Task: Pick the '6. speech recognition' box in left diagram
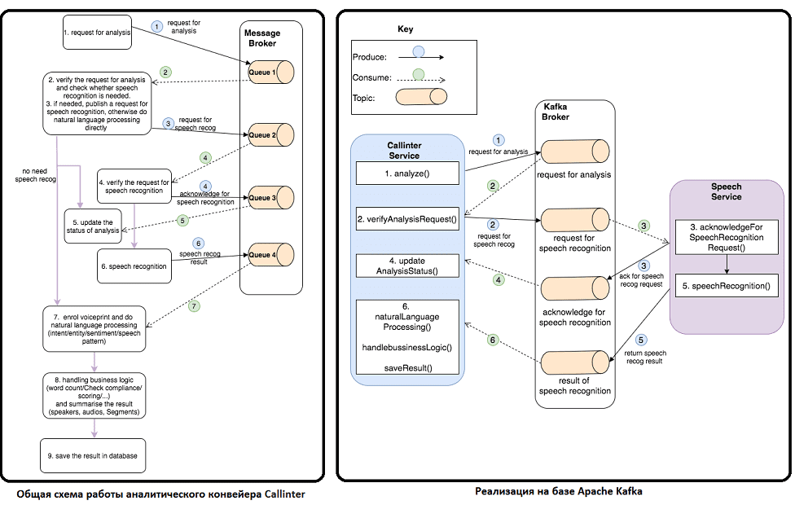(134, 266)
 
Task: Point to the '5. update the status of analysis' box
(94, 226)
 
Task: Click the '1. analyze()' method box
(407, 173)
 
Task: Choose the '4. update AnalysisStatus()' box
(407, 266)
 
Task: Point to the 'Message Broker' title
(262, 38)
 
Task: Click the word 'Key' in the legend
(405, 29)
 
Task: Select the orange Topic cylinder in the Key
(421, 97)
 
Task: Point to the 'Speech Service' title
(726, 191)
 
